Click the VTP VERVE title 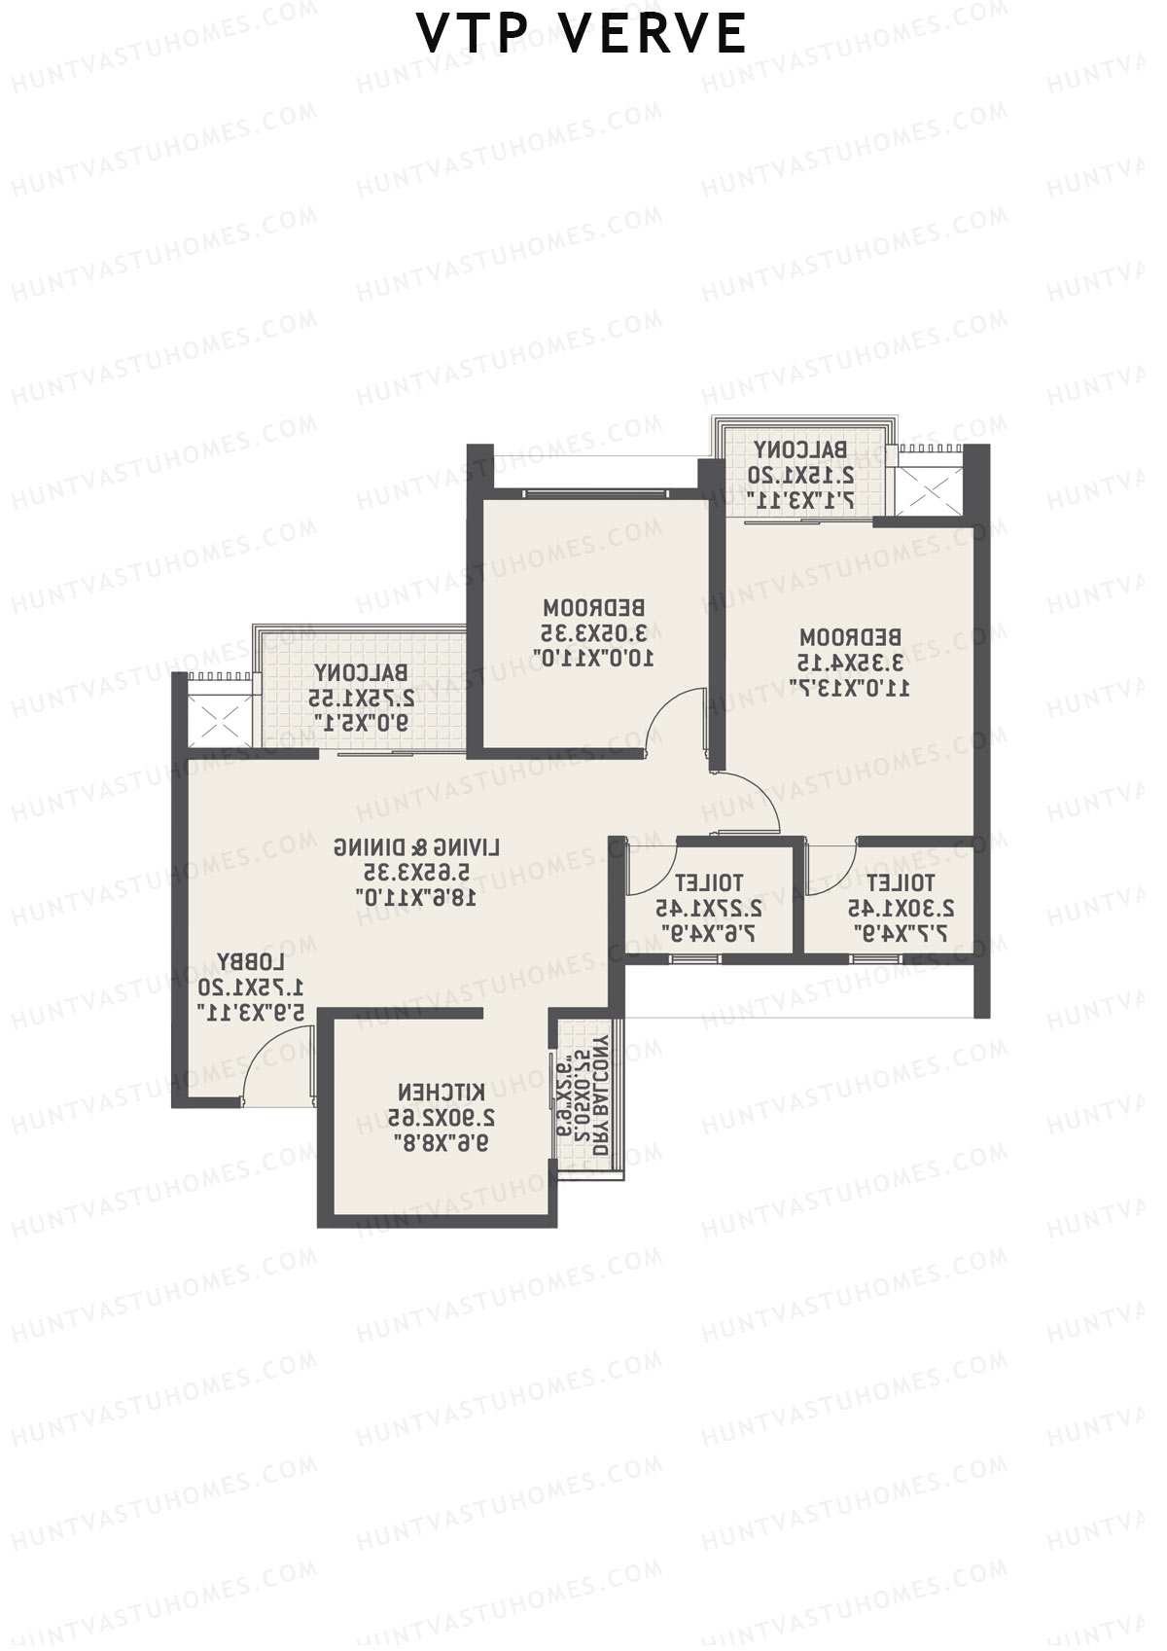click(582, 34)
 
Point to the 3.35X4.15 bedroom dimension click(851, 663)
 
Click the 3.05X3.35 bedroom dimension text click(593, 633)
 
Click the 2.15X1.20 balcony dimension click(800, 475)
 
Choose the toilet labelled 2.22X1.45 click(708, 908)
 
